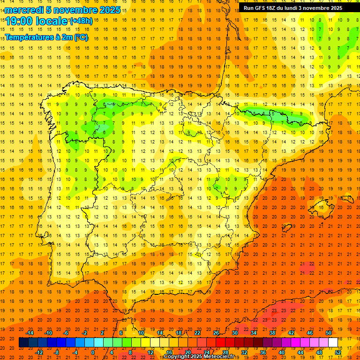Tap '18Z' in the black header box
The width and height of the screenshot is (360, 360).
(x=274, y=8)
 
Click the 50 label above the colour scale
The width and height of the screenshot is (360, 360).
(x=329, y=333)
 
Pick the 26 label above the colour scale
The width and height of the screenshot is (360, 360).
(x=216, y=333)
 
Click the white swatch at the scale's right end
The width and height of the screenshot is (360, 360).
(x=333, y=343)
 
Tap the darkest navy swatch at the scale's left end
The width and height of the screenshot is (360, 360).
(x=23, y=343)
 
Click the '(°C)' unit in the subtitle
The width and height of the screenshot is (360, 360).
(x=81, y=37)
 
